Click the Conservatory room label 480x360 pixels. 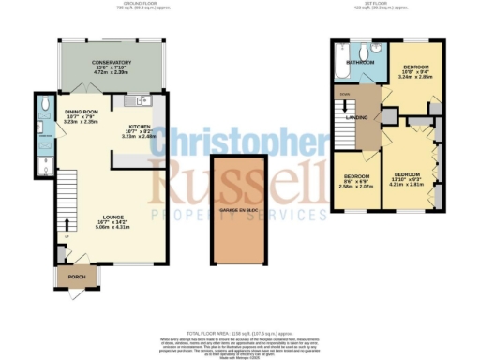coord(111,63)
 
